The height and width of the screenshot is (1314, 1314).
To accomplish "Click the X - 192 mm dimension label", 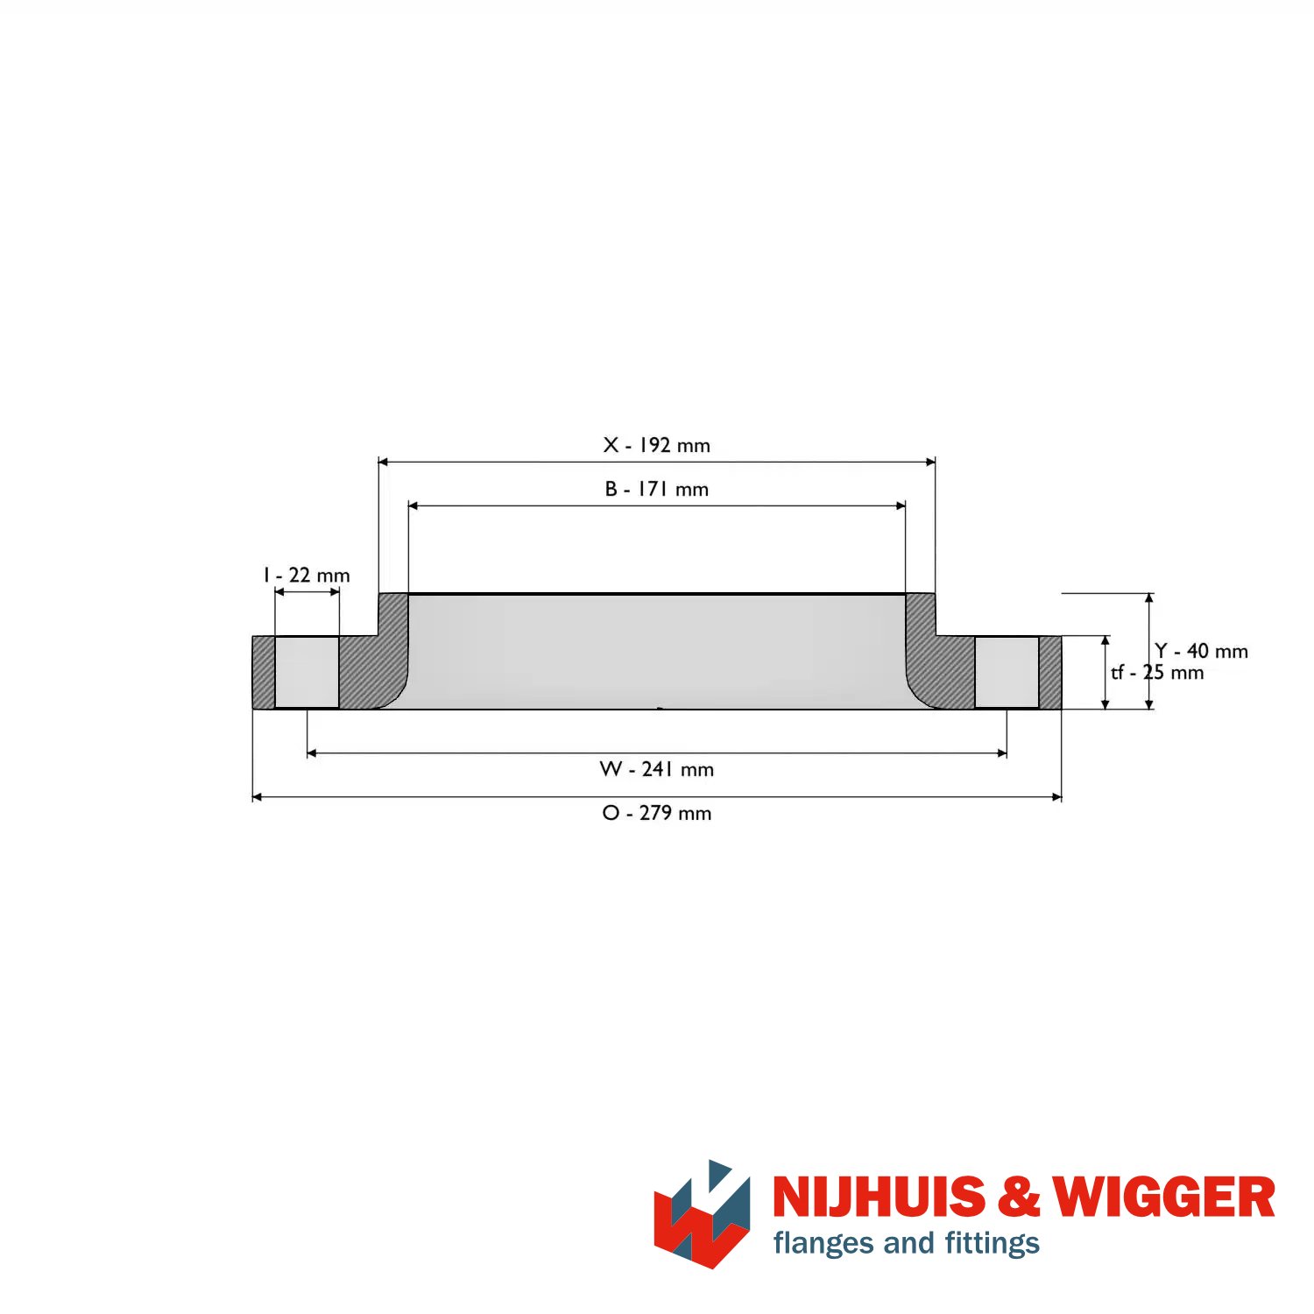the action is [656, 445].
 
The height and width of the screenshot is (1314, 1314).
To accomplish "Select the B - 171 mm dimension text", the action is [656, 489].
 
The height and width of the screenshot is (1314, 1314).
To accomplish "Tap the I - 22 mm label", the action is [307, 575].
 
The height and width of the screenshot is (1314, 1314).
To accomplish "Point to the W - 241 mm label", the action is [656, 769].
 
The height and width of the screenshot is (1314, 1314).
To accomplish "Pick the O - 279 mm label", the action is [656, 813].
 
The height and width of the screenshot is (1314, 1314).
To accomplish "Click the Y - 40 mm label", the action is [1201, 651].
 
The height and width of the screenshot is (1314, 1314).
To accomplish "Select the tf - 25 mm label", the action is [1157, 673].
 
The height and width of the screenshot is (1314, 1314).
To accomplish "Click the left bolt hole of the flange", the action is [307, 672].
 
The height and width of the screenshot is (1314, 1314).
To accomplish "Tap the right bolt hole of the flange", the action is [1007, 672].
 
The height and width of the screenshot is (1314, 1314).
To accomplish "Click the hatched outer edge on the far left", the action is [264, 672].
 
